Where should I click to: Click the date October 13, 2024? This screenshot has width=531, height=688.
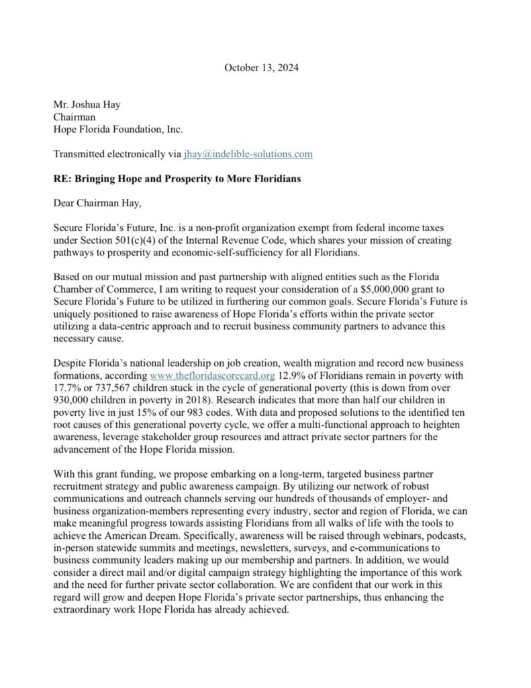[262, 68]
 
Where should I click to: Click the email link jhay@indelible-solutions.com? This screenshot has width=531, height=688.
[248, 154]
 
